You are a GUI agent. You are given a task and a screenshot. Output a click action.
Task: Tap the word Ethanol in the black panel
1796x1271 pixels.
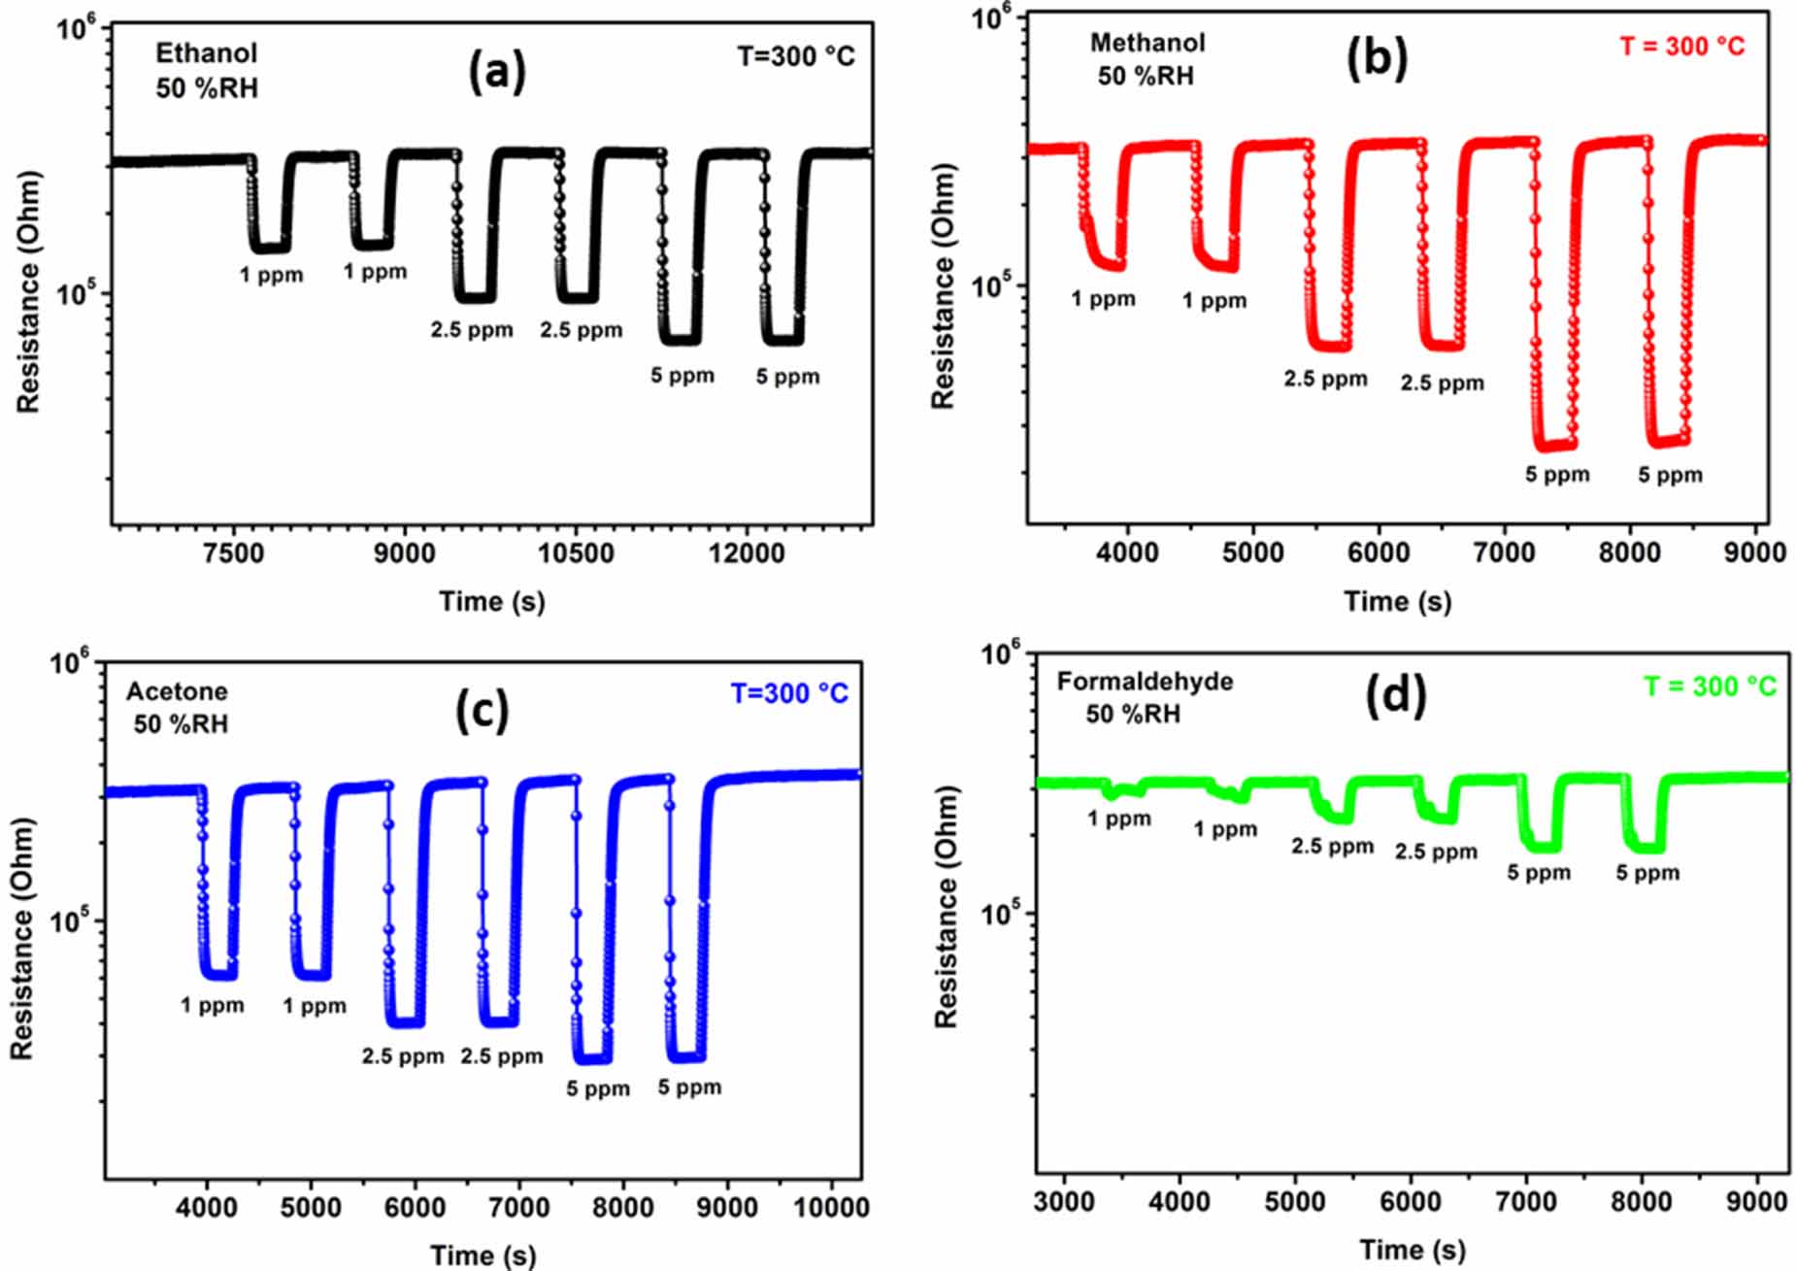(206, 52)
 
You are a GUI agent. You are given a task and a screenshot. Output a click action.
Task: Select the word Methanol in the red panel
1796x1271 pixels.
(1147, 43)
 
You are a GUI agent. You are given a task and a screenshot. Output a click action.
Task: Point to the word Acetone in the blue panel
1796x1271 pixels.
(177, 691)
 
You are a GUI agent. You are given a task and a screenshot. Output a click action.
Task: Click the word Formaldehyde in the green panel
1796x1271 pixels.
(1145, 682)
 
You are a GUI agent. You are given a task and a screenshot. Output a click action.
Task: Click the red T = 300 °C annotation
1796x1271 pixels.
(1681, 46)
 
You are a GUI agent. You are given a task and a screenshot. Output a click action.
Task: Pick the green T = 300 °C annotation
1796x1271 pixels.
(1709, 686)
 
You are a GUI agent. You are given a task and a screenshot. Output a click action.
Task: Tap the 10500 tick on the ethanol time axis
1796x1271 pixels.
(577, 552)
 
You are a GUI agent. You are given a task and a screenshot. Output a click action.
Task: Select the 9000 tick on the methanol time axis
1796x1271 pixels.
(1754, 552)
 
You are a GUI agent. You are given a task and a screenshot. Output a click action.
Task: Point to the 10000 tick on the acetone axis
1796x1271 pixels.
(830, 1207)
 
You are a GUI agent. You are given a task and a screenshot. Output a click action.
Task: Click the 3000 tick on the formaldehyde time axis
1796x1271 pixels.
(1064, 1201)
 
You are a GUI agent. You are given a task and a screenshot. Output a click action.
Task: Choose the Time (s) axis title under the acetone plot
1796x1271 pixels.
(482, 1254)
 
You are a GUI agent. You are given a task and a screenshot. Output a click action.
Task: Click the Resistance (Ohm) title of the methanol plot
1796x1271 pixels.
(943, 286)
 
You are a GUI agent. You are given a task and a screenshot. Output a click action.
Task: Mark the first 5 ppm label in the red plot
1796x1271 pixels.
(1557, 475)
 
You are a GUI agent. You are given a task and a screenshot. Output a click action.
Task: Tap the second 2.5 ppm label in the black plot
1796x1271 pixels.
(581, 330)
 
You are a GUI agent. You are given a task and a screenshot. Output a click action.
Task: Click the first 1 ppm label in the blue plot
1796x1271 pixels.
(212, 1005)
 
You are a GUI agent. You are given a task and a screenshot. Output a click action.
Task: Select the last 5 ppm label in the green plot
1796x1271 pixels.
(1646, 873)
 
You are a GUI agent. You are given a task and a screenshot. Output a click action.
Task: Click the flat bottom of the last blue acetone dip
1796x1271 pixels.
(686, 1057)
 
